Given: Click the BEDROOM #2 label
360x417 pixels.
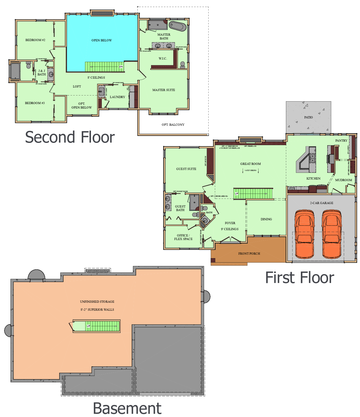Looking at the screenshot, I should coord(35,40).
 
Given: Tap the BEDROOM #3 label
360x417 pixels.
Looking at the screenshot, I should coord(35,103).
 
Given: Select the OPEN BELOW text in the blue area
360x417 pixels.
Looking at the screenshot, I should coord(101,40).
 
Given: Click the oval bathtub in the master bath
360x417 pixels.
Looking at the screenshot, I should coord(177,26).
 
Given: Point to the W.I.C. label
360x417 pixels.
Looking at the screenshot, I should coord(163,59).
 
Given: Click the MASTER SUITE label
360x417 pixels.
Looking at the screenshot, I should coord(163,90).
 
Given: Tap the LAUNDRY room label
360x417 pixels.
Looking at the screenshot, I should coord(117,97).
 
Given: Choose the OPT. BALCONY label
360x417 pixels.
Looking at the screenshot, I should coord(173,125).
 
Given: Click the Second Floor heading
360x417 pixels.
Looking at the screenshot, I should coord(70,138).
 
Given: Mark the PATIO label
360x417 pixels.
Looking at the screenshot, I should coord(308,117).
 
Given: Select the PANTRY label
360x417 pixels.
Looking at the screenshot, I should coord(341,141).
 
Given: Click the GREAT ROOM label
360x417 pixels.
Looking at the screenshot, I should coord(250,164).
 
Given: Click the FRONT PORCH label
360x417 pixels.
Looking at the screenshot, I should coord(249,254).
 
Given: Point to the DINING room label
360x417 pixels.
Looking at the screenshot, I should coord(266,219).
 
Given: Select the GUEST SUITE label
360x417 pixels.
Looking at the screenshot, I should coord(186,169).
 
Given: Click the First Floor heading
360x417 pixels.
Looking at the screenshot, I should coord(300,278).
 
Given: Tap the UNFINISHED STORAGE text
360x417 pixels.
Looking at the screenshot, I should coord(97,302).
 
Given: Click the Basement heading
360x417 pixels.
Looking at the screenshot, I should coord(127,408).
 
